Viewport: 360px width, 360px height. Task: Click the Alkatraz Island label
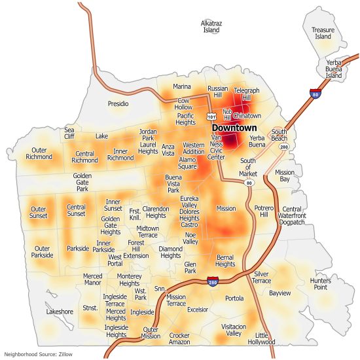211,26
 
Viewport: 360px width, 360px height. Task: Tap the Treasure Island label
323,33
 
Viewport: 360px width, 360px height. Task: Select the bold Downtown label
234,128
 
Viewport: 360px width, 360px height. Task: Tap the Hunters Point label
321,284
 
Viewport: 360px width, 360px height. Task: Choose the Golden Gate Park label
82,182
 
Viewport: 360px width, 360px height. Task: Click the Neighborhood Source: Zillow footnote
37,354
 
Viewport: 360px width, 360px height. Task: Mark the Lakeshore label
60,312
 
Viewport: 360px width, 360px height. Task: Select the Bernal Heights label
225,261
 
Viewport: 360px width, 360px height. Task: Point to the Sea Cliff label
69,133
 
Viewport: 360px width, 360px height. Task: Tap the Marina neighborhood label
182,86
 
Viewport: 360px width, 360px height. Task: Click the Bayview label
279,293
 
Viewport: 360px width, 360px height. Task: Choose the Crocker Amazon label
179,338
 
